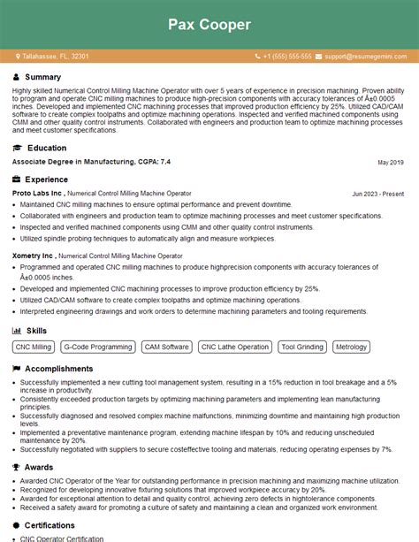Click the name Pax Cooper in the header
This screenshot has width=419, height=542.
click(x=209, y=24)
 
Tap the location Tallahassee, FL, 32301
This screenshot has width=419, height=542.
click(x=55, y=57)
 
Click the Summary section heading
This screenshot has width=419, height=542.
click(x=43, y=77)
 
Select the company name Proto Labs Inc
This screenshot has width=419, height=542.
click(x=37, y=192)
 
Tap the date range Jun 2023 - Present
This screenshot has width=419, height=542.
click(x=377, y=193)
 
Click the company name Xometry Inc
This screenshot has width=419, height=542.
click(x=34, y=256)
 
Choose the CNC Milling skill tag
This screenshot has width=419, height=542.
click(x=34, y=347)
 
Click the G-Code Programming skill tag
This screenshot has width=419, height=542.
click(x=99, y=347)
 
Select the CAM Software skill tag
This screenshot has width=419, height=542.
click(x=166, y=347)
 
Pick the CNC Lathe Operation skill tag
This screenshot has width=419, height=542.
click(x=235, y=347)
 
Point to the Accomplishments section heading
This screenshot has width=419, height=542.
click(x=59, y=368)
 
